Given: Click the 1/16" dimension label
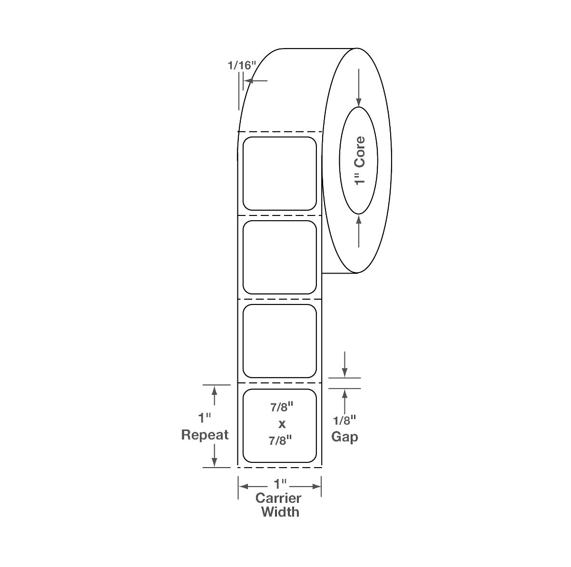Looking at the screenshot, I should pos(242,65).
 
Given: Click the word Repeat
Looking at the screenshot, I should pos(205,435).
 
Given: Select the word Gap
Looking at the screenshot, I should pos(345,436).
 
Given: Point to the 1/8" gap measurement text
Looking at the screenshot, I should pos(345,420).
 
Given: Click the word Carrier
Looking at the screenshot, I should pos(278,498).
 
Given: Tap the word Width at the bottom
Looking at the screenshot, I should pos(280,512).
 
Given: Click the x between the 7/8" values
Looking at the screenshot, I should pos(281,423).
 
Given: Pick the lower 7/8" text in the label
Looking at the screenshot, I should pos(281,440).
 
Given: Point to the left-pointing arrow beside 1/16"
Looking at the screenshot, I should pos(248,80).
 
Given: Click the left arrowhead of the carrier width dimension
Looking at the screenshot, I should pos(243,486).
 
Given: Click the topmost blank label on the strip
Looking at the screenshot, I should pos(280,174).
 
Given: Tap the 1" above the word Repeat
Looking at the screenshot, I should pos(205,419).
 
